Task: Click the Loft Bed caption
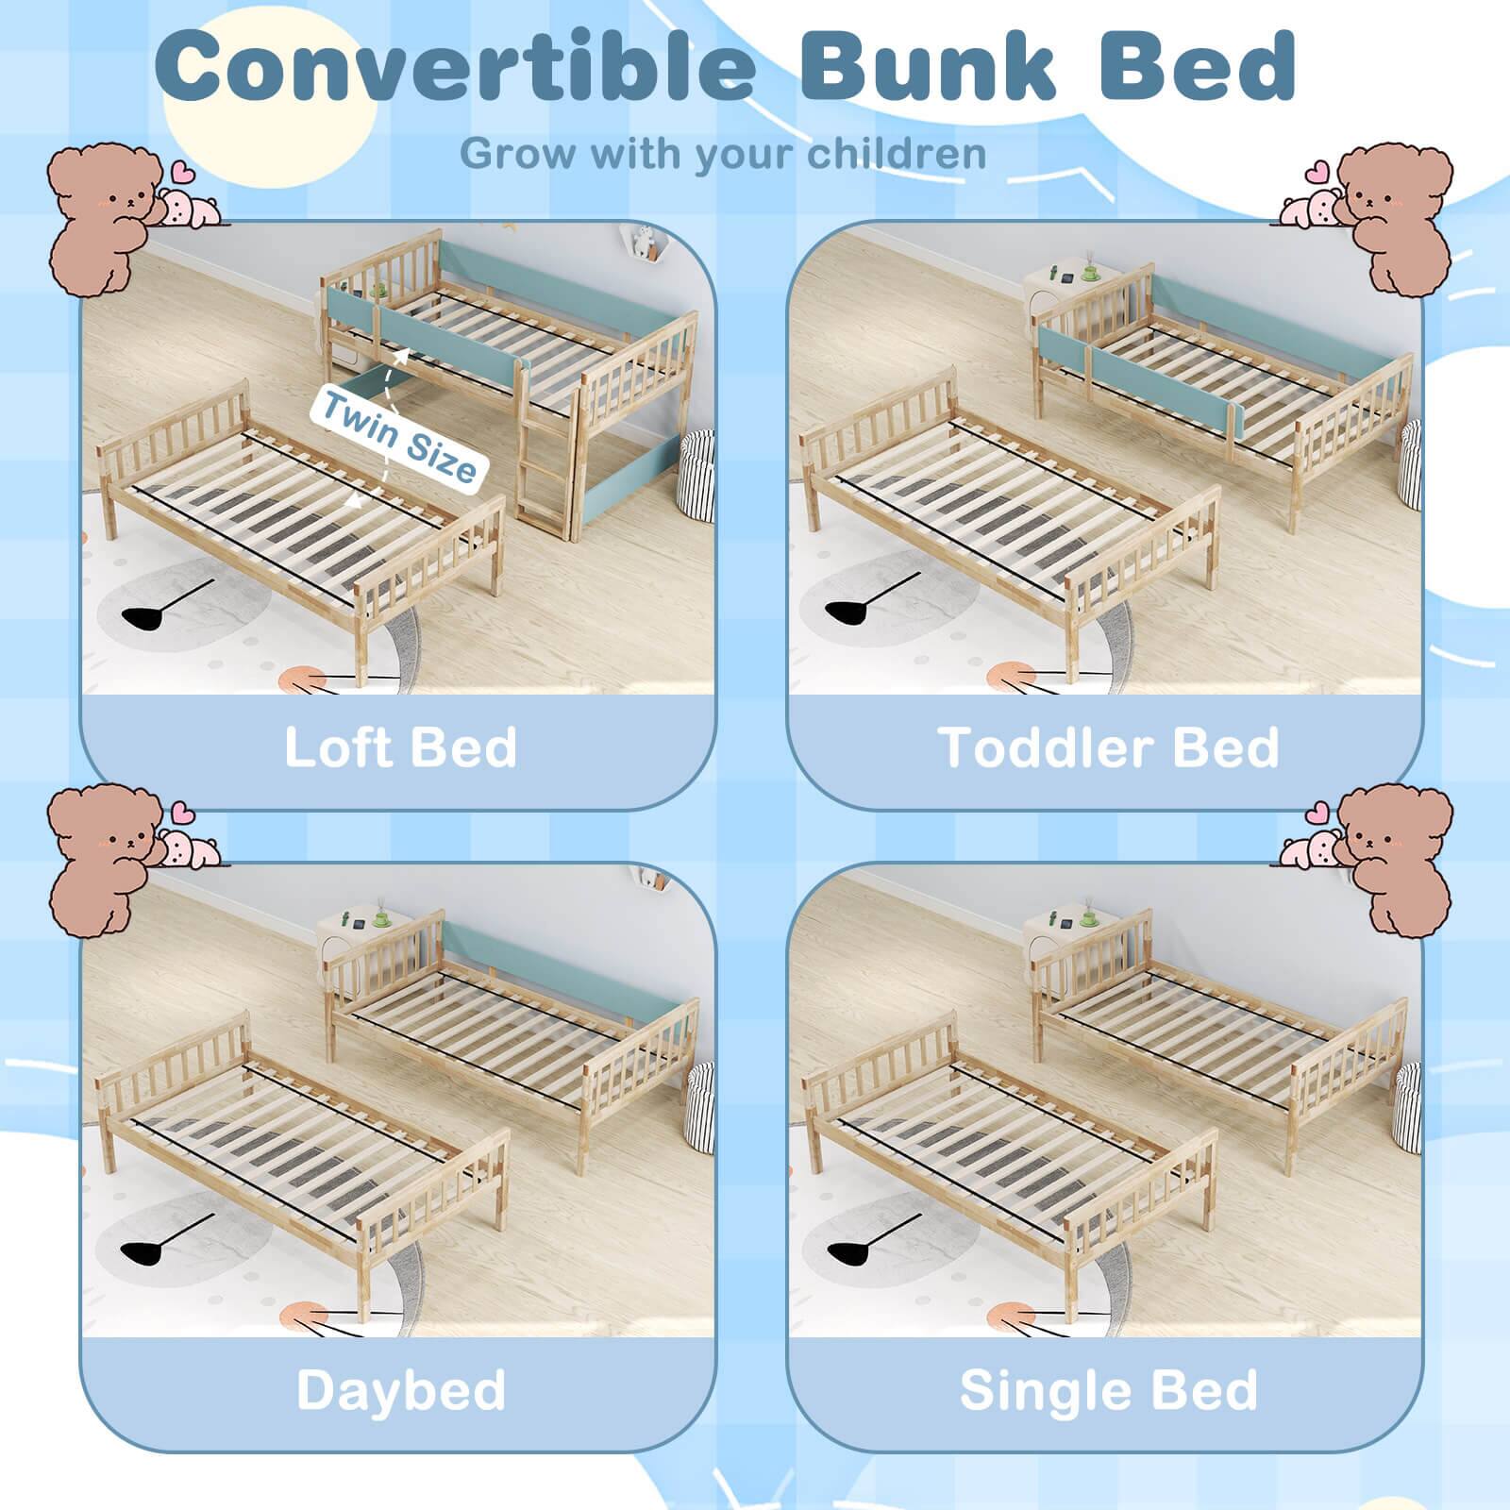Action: coord(400,747)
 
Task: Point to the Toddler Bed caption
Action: coord(1108,747)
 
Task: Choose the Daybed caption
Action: coord(400,1389)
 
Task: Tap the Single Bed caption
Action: coord(1108,1389)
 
